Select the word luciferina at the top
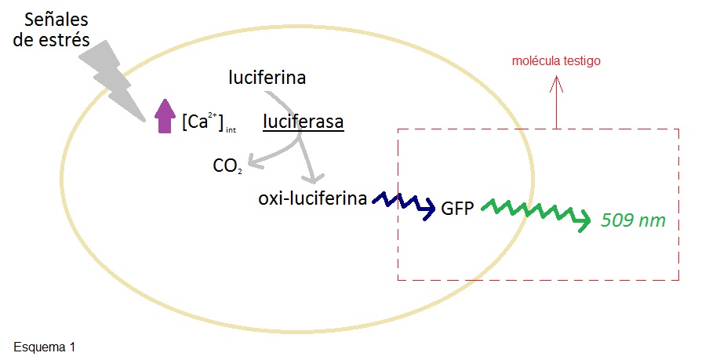267,78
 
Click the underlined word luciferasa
304,122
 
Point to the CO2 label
227,166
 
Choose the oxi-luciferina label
312,198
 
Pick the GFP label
458,210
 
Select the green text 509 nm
633,220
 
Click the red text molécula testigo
556,60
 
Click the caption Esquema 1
45,345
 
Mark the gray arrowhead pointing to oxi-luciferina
317,178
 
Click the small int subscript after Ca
231,130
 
